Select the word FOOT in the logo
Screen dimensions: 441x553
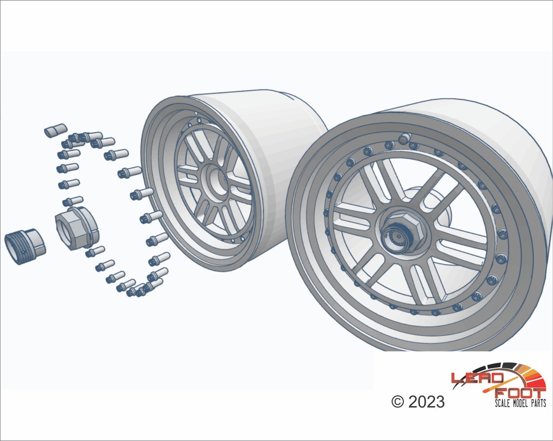519,393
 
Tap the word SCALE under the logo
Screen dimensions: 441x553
503,403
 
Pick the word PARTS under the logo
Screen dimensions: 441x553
538,403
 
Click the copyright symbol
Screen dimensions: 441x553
397,401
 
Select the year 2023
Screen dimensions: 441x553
426,401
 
